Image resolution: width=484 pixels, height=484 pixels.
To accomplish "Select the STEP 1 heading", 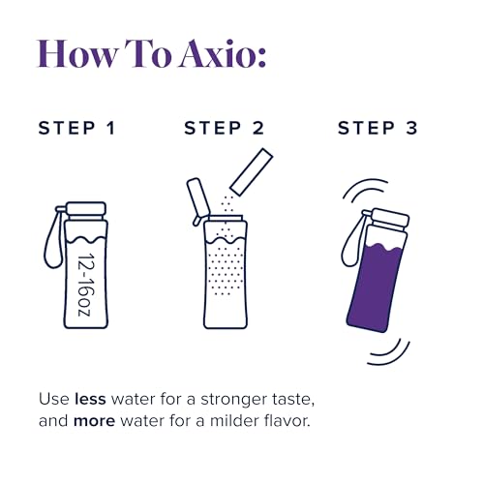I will click(76, 128).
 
